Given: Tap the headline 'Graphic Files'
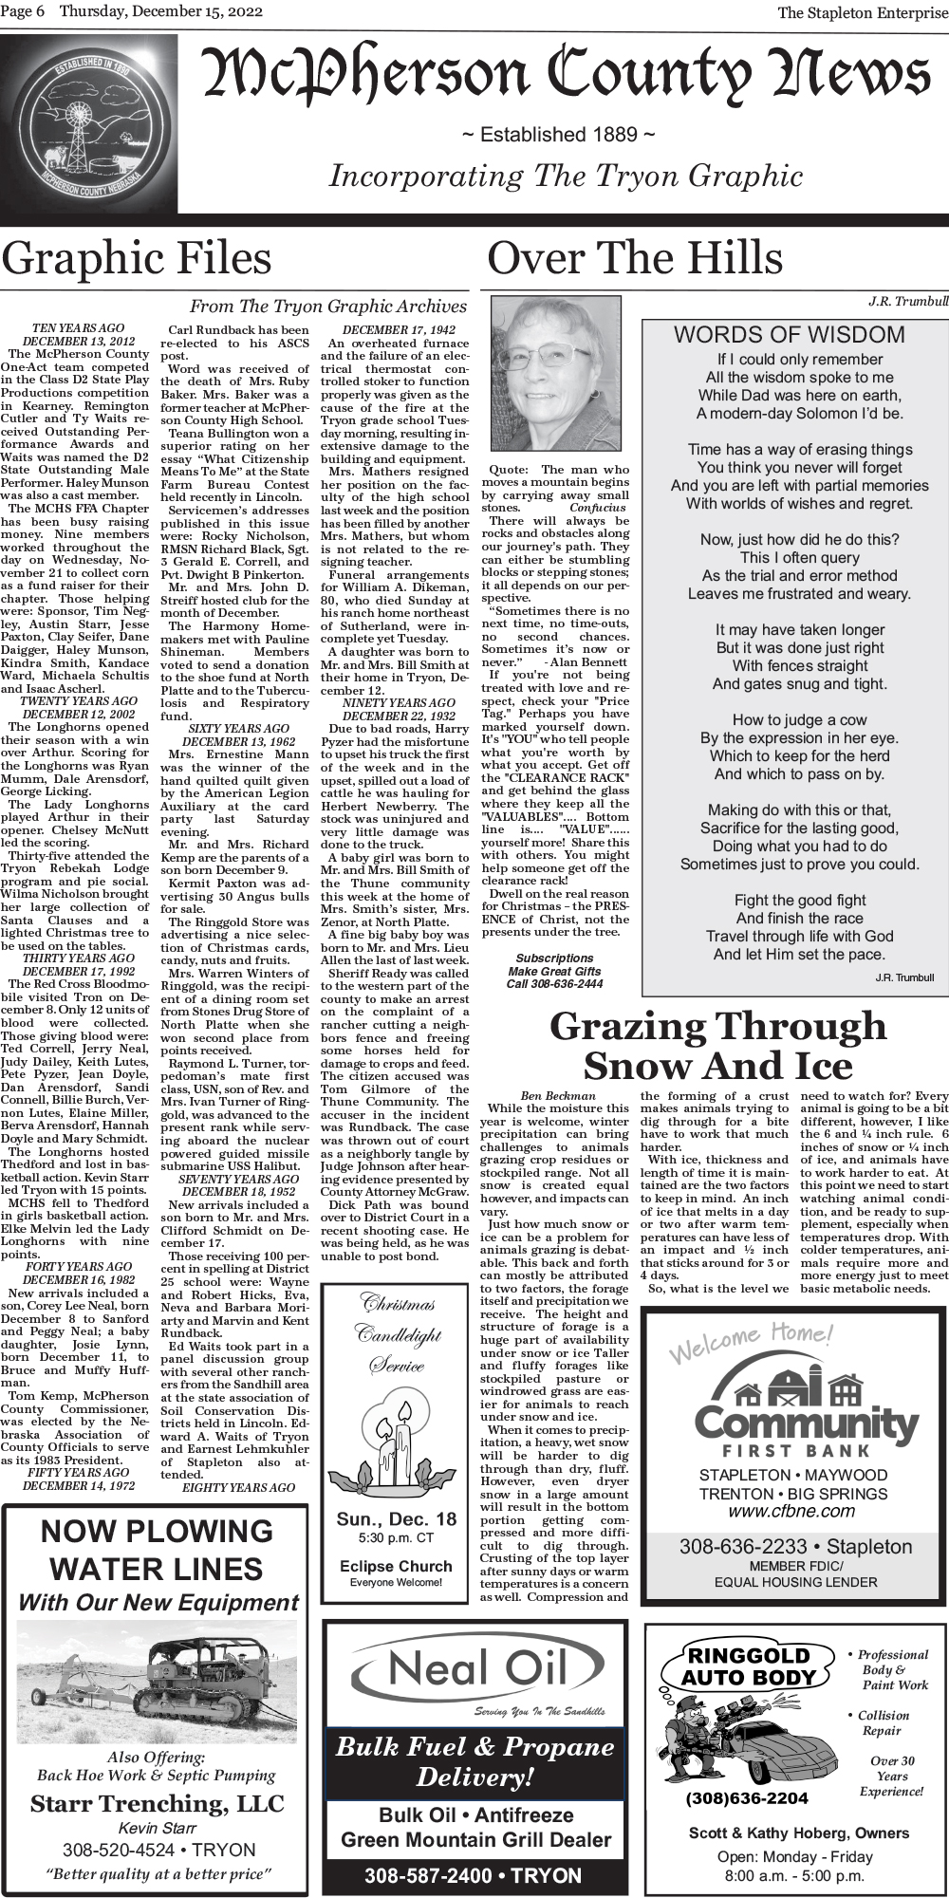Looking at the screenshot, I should (137, 259).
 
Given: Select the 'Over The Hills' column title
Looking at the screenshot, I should (635, 259).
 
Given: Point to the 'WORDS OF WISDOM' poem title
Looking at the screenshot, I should (790, 335).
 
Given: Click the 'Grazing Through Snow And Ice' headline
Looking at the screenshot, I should (717, 1046).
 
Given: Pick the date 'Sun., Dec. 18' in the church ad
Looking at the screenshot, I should (396, 1519).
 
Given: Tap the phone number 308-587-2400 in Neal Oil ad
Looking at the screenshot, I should (474, 1876).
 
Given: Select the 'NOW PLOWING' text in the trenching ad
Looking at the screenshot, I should (157, 1531).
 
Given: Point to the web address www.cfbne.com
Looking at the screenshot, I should (791, 1511).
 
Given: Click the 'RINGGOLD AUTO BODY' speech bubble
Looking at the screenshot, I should (749, 1666).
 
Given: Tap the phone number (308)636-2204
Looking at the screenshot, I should (747, 1798).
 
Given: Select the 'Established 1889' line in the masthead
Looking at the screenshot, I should (558, 135).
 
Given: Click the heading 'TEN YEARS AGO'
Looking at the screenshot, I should (78, 328).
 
